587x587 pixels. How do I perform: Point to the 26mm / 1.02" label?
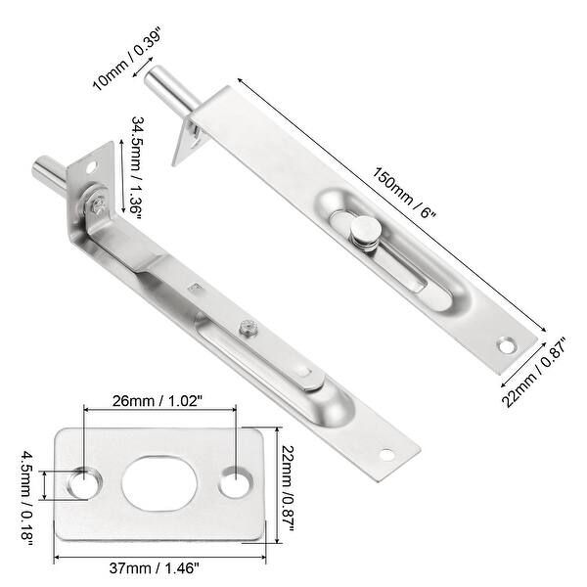[x=158, y=400]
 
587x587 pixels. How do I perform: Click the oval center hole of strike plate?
[x=160, y=481]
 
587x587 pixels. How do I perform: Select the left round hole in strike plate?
[x=89, y=481]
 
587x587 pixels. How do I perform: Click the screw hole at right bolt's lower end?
[x=506, y=344]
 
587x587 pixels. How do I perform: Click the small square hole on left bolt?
[x=194, y=287]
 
